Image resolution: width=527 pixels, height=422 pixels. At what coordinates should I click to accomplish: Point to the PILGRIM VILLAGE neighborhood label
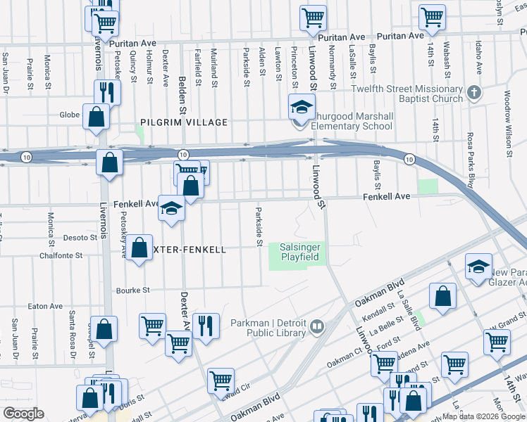(184, 122)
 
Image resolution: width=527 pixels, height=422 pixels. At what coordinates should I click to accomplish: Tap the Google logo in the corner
(23, 413)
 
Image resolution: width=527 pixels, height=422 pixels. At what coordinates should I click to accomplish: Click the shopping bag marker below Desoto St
(139, 248)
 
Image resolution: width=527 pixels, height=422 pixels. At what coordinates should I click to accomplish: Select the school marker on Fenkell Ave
(171, 208)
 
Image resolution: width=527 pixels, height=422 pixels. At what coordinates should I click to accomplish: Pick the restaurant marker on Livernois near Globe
(107, 91)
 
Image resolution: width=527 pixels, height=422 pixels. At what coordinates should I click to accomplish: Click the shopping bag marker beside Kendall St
(443, 297)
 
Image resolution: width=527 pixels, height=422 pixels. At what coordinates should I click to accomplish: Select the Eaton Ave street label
(45, 306)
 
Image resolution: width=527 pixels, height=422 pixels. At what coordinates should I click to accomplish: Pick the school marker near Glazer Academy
(478, 267)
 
